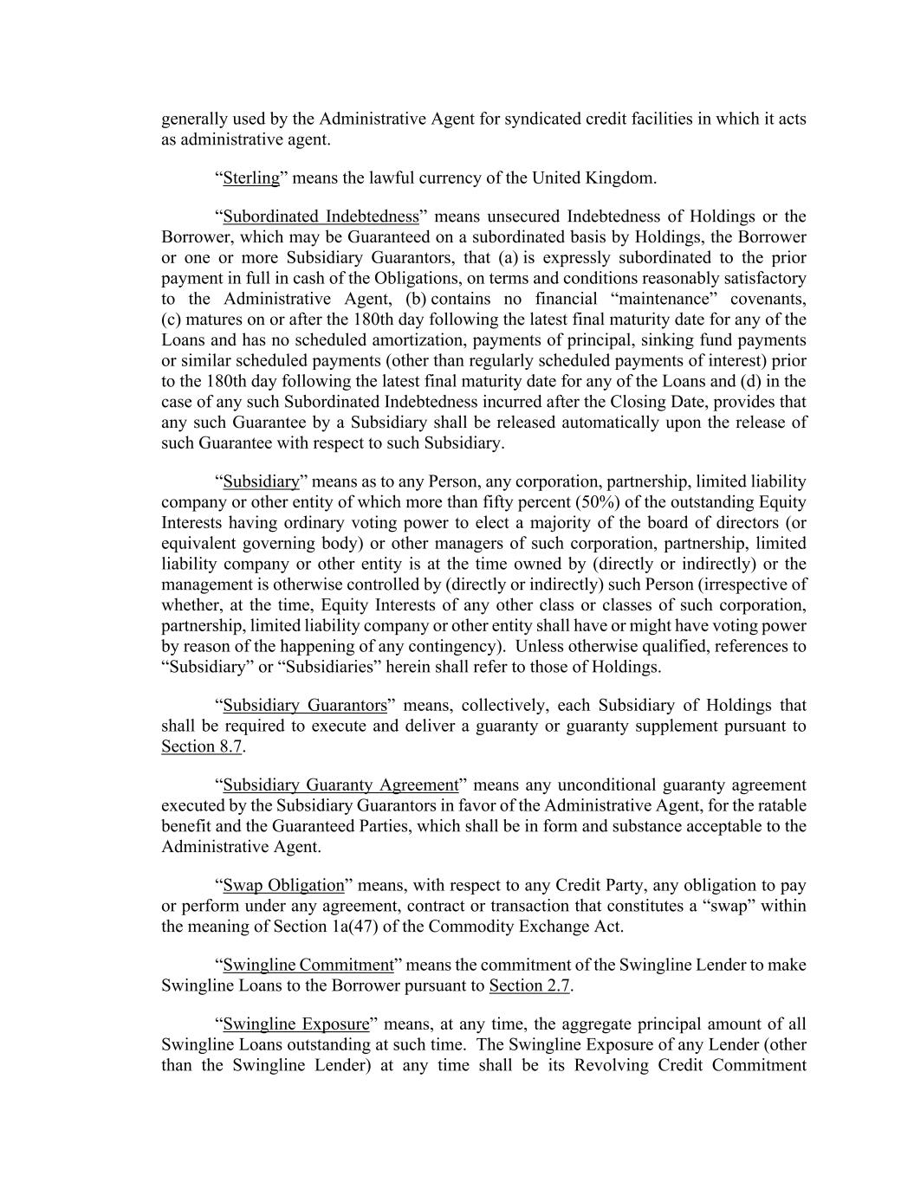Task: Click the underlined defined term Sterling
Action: (251, 178)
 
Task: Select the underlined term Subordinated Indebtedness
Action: (321, 216)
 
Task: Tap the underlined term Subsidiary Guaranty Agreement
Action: (340, 785)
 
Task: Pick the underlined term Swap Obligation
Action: (283, 885)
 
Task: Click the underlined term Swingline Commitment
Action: (308, 965)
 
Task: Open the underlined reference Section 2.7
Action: (529, 985)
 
